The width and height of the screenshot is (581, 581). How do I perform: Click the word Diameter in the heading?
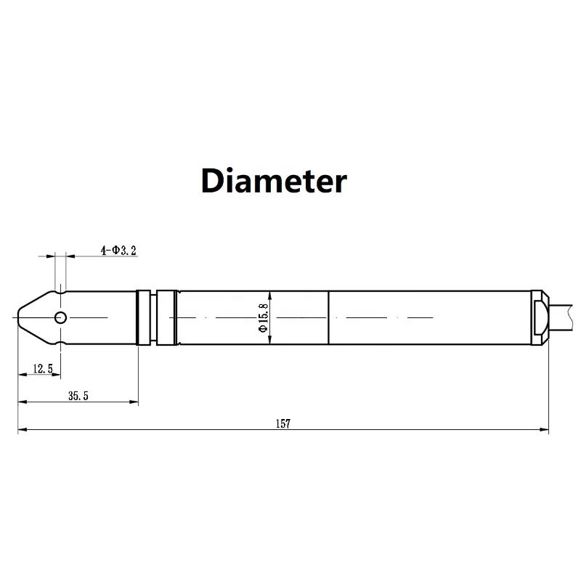tap(274, 180)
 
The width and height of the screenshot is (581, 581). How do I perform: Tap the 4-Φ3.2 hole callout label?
tap(118, 251)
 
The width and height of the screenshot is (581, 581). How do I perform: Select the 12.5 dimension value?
tap(43, 369)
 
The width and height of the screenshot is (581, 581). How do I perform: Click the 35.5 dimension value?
tap(78, 396)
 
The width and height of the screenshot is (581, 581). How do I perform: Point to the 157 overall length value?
tap(283, 423)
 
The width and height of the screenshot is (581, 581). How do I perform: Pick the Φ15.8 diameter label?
tap(263, 318)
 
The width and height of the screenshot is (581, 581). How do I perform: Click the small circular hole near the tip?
tap(60, 317)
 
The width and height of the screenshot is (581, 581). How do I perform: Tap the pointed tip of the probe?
tap(17, 317)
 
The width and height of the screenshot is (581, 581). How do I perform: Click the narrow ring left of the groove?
tap(143, 317)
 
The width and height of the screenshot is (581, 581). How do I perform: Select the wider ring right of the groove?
tap(166, 317)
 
